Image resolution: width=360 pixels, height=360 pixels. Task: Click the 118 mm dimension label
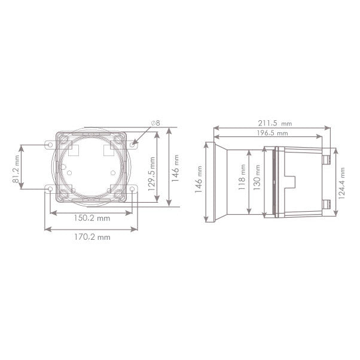242,181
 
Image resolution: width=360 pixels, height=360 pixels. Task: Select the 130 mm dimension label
258,181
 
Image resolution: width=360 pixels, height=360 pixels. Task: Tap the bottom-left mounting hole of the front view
50,190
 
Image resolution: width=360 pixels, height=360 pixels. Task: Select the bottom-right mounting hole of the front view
133,190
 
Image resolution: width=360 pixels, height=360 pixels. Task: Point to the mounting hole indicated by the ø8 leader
133,144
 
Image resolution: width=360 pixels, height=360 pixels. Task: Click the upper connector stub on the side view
326,160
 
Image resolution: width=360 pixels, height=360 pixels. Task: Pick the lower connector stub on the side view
326,203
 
